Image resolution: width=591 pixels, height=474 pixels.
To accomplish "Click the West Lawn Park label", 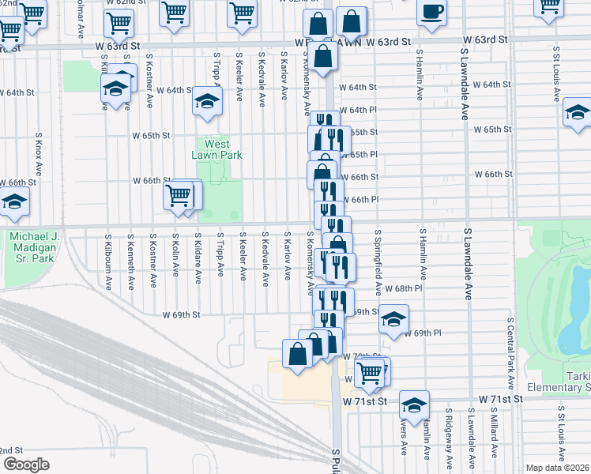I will (216, 149).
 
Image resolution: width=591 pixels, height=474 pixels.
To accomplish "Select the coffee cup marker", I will (431, 13).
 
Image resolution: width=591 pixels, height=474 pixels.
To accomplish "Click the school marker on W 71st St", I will (414, 406).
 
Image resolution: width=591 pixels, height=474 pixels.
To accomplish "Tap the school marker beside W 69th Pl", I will (393, 319).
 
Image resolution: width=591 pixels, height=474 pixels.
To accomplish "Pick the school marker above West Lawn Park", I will (207, 102).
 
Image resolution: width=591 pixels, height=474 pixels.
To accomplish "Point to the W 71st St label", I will (365, 401).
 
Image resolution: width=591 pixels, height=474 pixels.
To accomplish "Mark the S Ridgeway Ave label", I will (448, 434).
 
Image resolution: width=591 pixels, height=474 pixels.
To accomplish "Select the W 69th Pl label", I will (421, 333).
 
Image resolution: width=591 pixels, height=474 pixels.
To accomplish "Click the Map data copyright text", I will (557, 468).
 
